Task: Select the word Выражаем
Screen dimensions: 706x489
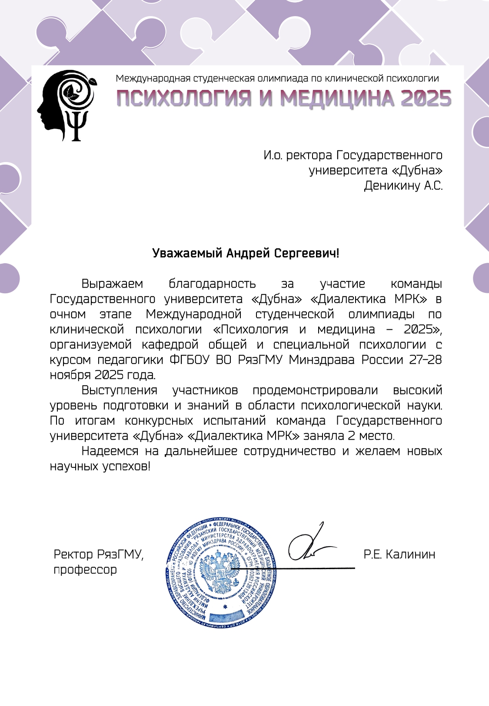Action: (112, 284)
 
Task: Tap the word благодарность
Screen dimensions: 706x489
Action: (212, 284)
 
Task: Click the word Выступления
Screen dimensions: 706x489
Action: (119, 390)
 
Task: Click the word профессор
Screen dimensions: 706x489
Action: (85, 570)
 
